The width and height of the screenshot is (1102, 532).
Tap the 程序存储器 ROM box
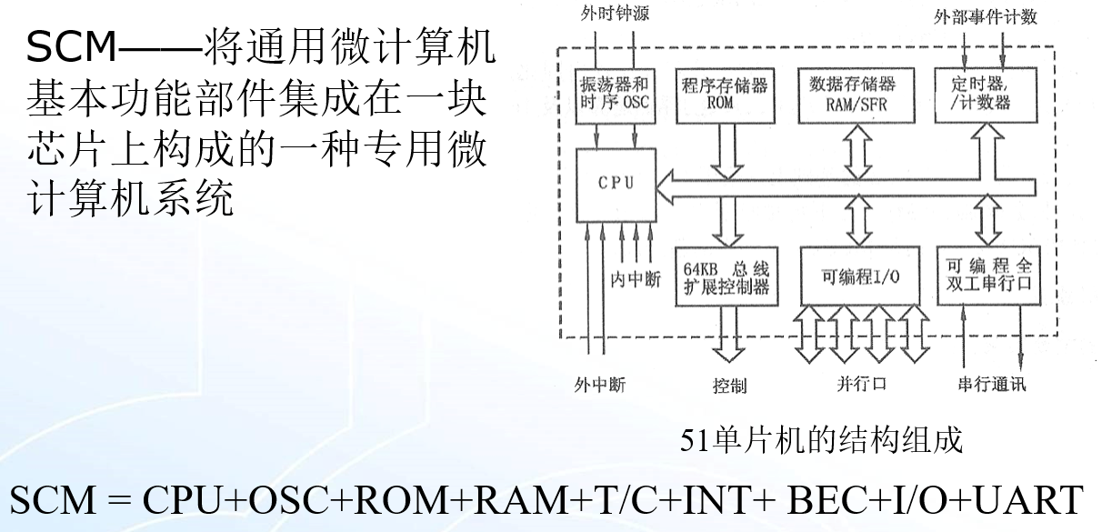725,94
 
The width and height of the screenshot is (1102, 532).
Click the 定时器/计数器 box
985,94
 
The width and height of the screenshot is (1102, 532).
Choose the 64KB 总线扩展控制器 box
725,276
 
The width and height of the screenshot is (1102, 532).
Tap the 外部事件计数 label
985,16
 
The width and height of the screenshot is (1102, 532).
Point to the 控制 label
729,386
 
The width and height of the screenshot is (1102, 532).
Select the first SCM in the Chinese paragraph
72,48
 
